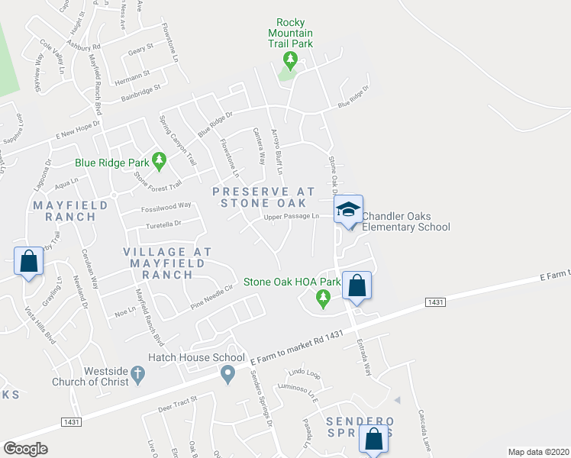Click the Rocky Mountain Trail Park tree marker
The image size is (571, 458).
(x=289, y=58)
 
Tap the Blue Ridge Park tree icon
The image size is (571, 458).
(x=159, y=161)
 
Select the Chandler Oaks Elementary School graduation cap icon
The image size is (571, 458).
(x=347, y=210)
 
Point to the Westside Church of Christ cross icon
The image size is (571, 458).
(x=137, y=373)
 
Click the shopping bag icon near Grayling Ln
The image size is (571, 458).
(x=28, y=261)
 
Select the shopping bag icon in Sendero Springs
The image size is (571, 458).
(x=373, y=439)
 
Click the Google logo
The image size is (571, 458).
(x=25, y=449)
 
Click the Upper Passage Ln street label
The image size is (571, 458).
(x=291, y=217)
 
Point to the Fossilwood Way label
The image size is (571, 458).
(x=166, y=206)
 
